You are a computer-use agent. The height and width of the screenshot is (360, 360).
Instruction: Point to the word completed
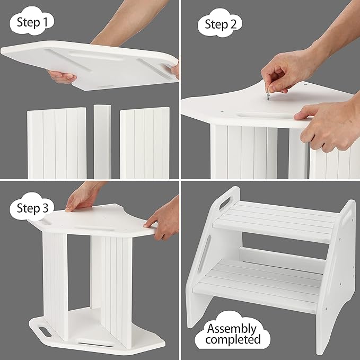[x=234, y=339]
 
